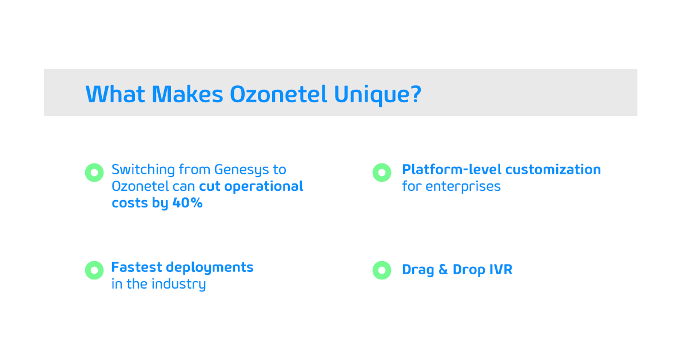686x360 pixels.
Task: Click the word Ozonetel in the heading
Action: (278, 94)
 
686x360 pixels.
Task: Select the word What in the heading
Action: (115, 94)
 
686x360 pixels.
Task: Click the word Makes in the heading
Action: (188, 94)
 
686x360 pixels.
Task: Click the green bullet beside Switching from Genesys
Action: (94, 173)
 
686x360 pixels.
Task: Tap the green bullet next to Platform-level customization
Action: (382, 173)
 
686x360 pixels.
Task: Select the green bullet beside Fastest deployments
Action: (94, 270)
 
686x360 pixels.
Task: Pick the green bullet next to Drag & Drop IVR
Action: (382, 270)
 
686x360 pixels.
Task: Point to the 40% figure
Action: (188, 203)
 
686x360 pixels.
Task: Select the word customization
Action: (553, 170)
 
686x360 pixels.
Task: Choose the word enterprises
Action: (463, 187)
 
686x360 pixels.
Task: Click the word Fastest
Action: (137, 267)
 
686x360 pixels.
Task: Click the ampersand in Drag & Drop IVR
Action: (443, 270)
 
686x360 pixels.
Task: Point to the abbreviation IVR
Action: (501, 270)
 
